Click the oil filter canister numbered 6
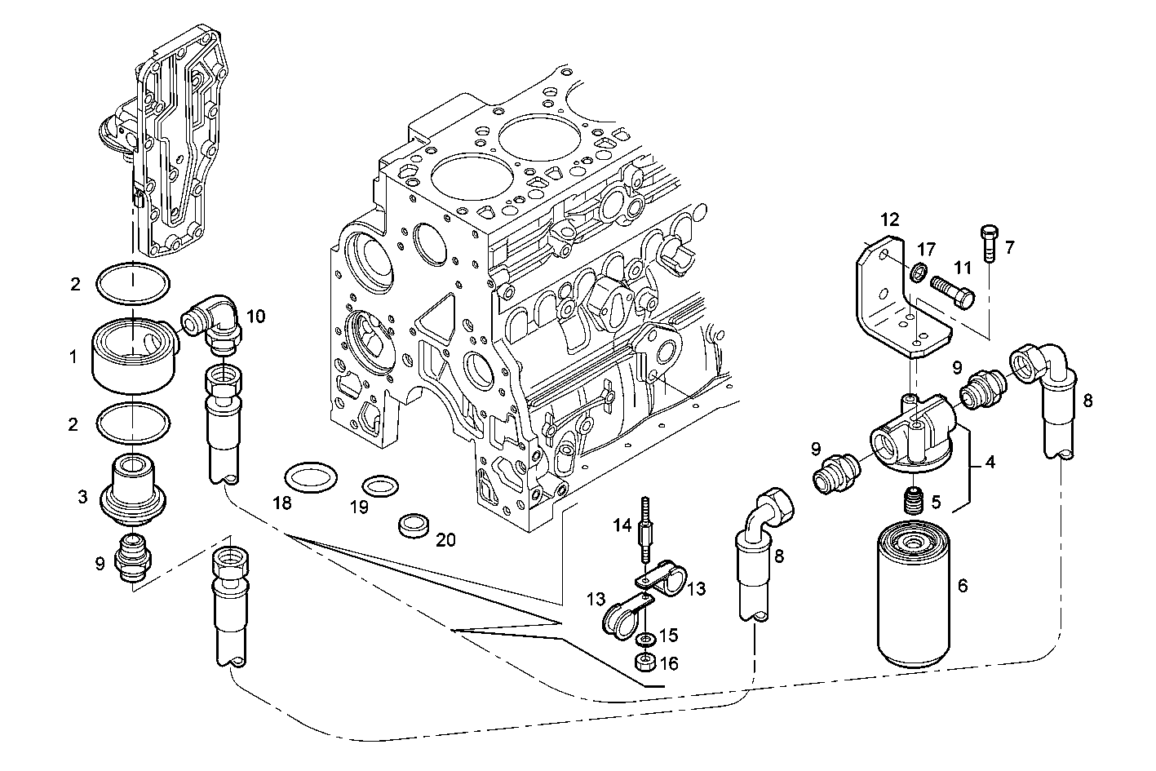tap(915, 600)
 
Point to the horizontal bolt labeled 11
tap(951, 290)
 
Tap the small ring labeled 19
tap(379, 487)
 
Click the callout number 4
tap(989, 463)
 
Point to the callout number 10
tap(256, 317)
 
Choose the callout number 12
tap(889, 219)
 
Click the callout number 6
tap(962, 586)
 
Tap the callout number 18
tap(281, 503)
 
